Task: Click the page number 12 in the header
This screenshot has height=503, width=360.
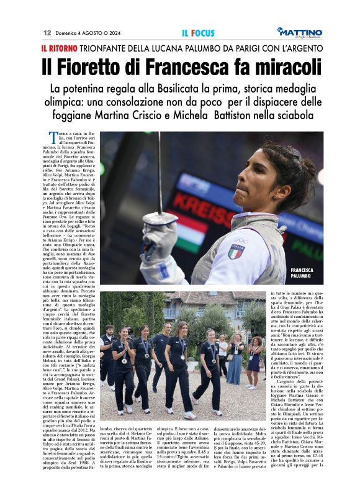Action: pos(47,32)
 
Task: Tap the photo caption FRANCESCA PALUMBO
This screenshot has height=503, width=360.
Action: pos(304,273)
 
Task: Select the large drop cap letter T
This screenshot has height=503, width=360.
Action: pos(53,137)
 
